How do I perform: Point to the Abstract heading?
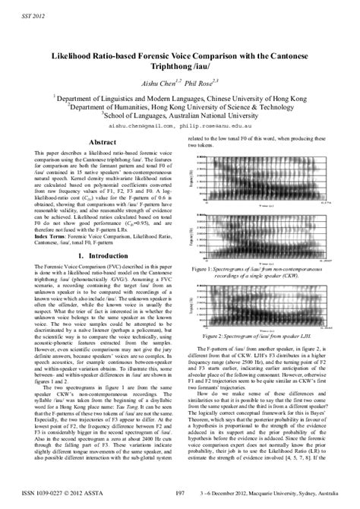(x=102, y=142)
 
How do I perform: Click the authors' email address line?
(x=179, y=128)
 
